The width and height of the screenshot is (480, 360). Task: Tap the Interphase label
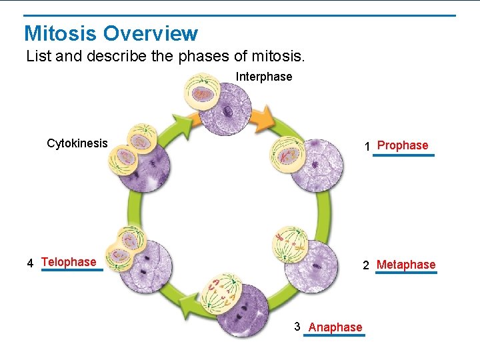point(263,77)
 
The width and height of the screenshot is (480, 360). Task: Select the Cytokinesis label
point(77,143)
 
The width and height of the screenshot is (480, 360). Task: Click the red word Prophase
point(403,145)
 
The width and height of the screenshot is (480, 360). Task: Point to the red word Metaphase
point(406,265)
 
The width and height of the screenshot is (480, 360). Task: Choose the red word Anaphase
point(335,327)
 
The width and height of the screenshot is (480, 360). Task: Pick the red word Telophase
point(69,262)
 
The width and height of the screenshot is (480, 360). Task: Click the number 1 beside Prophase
point(367,146)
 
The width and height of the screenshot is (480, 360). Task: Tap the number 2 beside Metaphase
point(366,265)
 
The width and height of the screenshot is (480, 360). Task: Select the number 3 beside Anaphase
point(297,327)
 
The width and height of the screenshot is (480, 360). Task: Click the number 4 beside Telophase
point(31,263)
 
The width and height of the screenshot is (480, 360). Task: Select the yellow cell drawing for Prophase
point(287,154)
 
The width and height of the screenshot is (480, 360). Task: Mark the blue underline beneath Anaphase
point(334,335)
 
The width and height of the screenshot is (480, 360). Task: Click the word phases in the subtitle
point(199,56)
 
